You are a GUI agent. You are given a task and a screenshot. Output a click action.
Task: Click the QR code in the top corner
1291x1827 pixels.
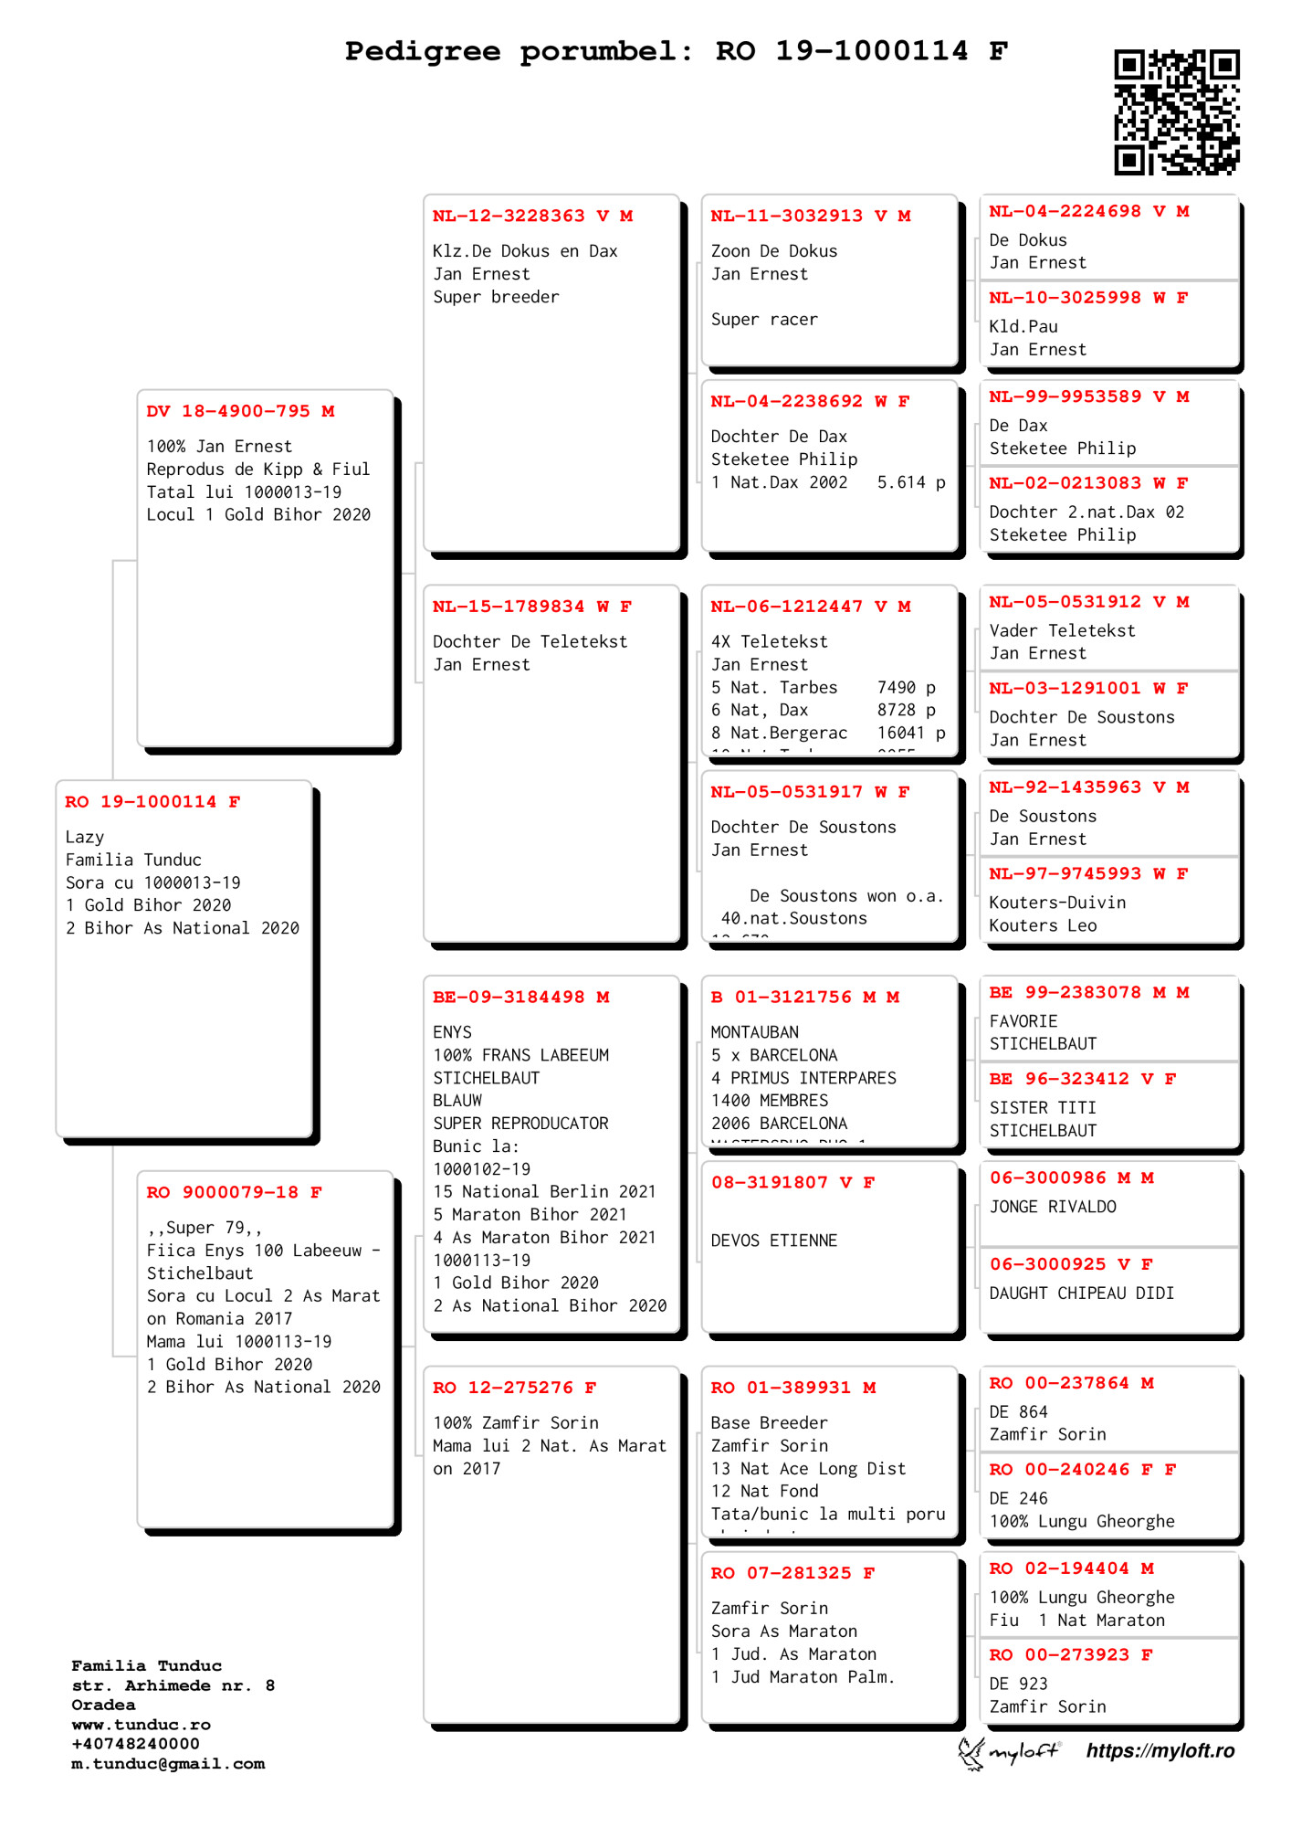pos(1176,112)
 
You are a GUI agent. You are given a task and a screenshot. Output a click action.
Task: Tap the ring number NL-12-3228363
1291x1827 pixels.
pos(509,216)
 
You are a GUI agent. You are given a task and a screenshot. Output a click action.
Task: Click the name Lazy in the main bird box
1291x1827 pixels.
pos(85,838)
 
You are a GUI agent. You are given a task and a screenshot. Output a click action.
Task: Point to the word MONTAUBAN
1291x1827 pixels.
pos(755,1032)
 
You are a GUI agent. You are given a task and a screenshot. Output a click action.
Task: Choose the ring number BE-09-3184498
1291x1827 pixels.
pos(509,998)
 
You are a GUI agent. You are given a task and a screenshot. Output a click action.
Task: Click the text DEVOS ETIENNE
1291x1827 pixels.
pos(774,1241)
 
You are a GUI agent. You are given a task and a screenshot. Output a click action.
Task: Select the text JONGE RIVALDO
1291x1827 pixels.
pos(1053,1207)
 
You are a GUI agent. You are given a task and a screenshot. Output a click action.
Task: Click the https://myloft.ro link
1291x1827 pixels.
pos(1160,1751)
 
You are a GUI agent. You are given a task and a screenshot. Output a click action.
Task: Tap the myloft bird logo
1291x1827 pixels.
pos(971,1753)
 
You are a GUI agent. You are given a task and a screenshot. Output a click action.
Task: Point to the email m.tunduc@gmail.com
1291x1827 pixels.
pos(168,1764)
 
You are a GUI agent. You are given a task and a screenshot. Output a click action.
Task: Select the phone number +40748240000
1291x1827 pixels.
pos(135,1744)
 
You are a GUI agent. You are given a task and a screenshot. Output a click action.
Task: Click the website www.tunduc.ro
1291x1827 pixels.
pos(142,1725)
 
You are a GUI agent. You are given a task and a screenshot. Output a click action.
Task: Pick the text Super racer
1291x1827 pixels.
pos(764,320)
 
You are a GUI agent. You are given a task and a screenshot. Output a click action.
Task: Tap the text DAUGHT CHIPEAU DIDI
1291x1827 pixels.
pos(1082,1294)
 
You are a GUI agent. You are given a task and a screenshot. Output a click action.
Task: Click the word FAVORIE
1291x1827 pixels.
pos(1023,1021)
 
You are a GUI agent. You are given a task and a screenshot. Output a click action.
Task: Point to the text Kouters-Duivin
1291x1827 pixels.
pos(1057,903)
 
